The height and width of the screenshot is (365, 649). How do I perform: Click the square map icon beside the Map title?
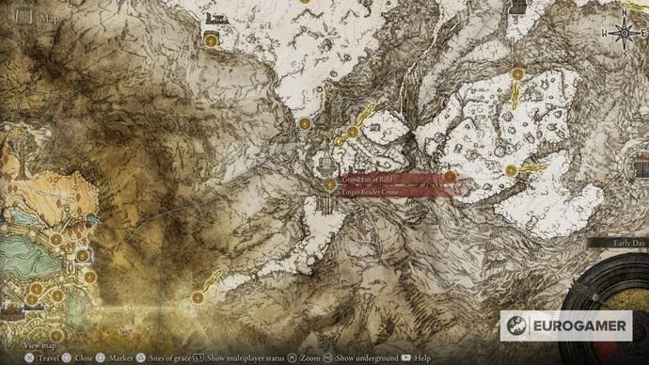click(24, 16)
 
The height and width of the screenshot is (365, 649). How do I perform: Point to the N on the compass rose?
click(623, 18)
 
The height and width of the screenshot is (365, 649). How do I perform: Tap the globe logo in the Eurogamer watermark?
click(517, 325)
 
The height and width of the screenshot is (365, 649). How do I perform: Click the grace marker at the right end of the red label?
click(450, 176)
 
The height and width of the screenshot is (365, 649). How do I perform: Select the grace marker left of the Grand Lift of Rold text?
click(330, 184)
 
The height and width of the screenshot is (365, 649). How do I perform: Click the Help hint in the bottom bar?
click(419, 358)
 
